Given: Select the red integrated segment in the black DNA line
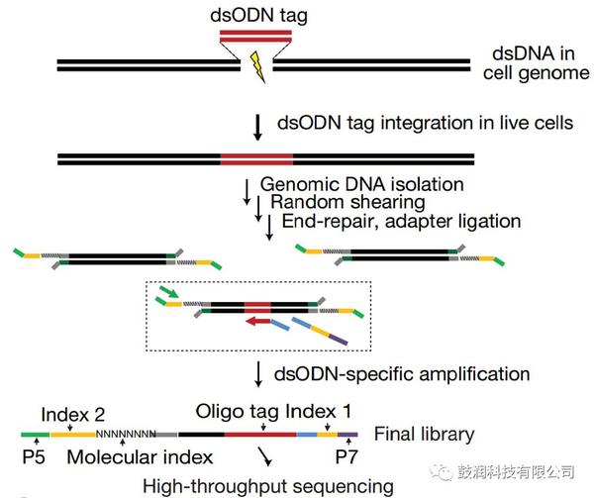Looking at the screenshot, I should [256, 157].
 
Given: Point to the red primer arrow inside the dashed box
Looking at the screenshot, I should [260, 320].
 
